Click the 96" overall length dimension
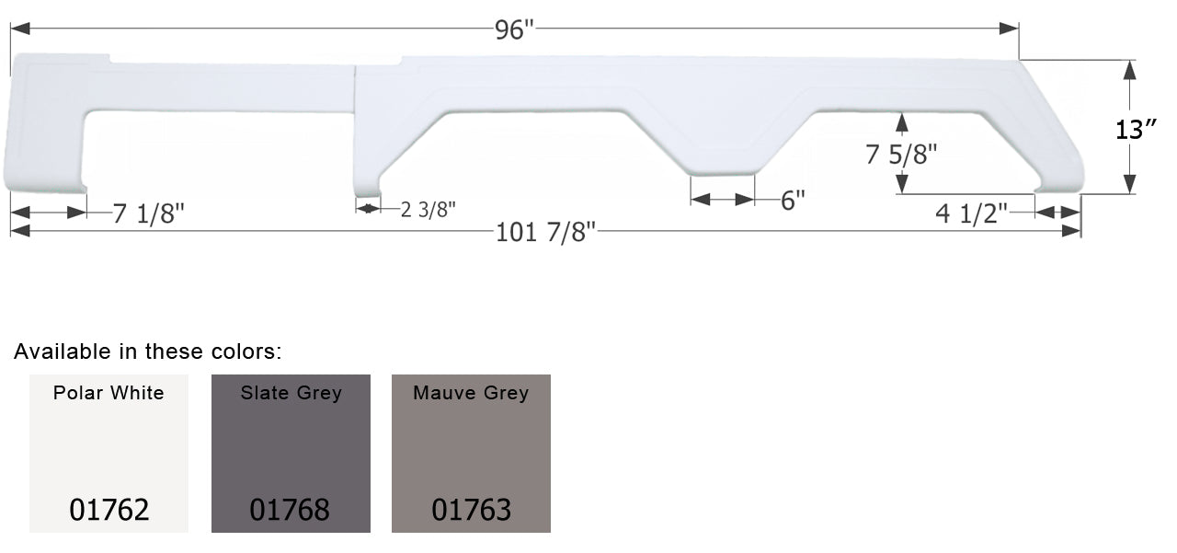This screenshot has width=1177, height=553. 513,29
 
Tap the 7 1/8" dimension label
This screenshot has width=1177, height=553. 149,213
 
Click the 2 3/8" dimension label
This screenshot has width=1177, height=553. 429,209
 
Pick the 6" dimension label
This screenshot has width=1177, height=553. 793,201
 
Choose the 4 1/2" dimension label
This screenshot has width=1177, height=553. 972,213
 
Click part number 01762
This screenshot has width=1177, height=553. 109,510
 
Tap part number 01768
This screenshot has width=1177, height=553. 290,510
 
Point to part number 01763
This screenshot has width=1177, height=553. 471,510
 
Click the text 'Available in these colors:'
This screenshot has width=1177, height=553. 147,351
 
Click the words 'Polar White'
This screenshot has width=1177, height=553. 109,393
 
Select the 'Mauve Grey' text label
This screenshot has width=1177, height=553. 471,393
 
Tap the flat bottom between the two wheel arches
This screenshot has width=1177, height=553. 723,171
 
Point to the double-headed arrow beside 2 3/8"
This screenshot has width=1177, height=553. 368,209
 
